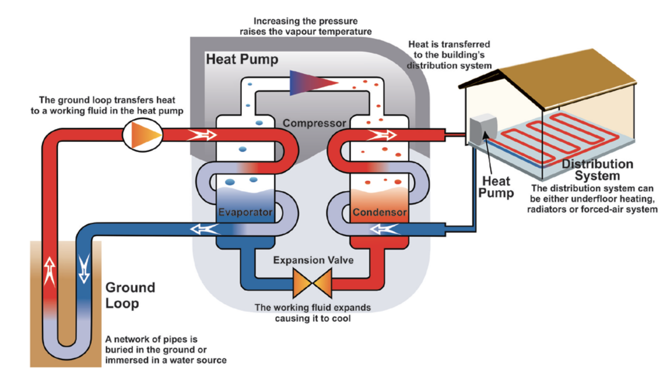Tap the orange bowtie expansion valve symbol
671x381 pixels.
click(312, 283)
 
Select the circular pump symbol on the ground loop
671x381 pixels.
click(143, 135)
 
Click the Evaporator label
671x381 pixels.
click(245, 212)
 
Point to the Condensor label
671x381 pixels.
click(380, 212)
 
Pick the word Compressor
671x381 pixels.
click(314, 123)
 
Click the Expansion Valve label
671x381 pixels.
click(313, 260)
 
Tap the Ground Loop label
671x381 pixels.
click(130, 295)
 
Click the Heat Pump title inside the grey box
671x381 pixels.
click(242, 59)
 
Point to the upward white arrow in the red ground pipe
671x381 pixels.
click(50, 271)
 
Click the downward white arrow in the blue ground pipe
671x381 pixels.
click(84, 268)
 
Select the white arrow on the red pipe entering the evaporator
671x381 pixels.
click(202, 135)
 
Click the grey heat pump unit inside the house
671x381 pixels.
click(483, 129)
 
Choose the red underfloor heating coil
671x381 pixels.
click(560, 135)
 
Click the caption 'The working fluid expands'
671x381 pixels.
click(312, 308)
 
